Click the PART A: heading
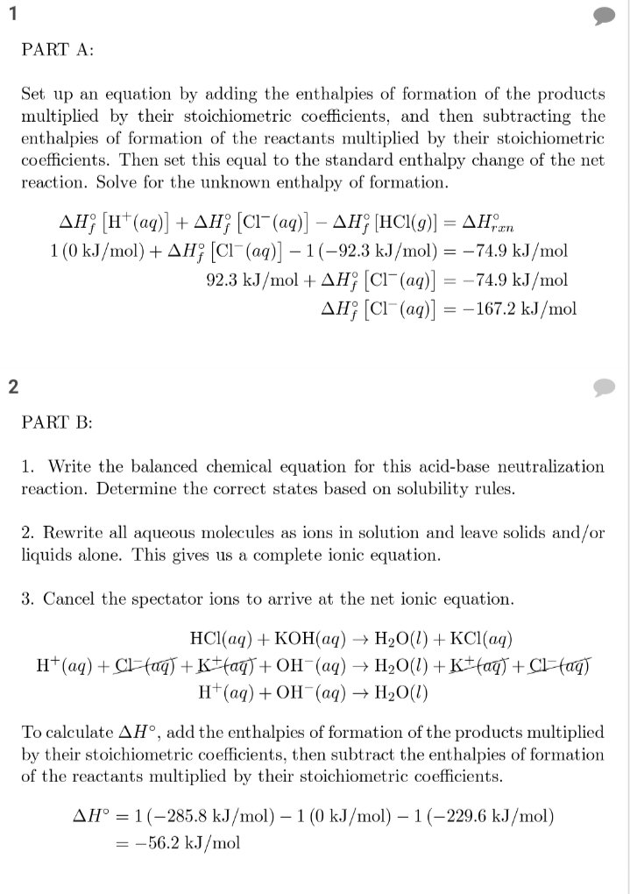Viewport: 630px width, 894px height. [57, 50]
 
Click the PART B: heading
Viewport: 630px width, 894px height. [57, 422]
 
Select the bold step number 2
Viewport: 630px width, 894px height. [13, 387]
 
